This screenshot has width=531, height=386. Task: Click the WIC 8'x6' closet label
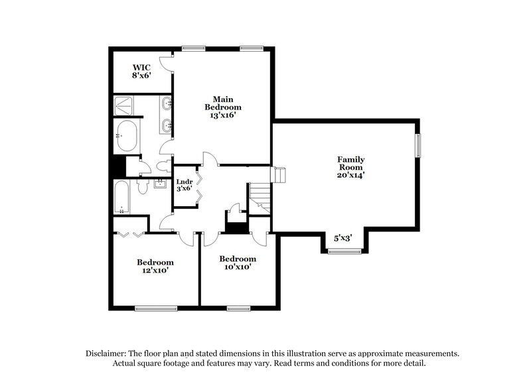click(140, 71)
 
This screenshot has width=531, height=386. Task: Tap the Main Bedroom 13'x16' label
click(222, 105)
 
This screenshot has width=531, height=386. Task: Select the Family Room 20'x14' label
click(350, 167)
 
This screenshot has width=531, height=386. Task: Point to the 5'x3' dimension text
click(342, 237)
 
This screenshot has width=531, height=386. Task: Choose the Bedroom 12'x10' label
click(155, 267)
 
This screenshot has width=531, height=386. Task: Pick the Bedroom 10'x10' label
click(238, 263)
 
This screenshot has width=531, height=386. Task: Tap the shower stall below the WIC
click(125, 105)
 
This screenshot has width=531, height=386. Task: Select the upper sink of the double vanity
click(167, 104)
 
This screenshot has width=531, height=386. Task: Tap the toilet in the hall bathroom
click(142, 188)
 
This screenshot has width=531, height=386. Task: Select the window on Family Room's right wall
click(418, 146)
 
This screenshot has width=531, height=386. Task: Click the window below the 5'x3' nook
click(344, 251)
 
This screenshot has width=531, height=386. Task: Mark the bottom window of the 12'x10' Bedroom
click(156, 308)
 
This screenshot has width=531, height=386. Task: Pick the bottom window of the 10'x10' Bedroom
click(238, 308)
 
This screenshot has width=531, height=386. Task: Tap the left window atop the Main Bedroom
click(193, 47)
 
